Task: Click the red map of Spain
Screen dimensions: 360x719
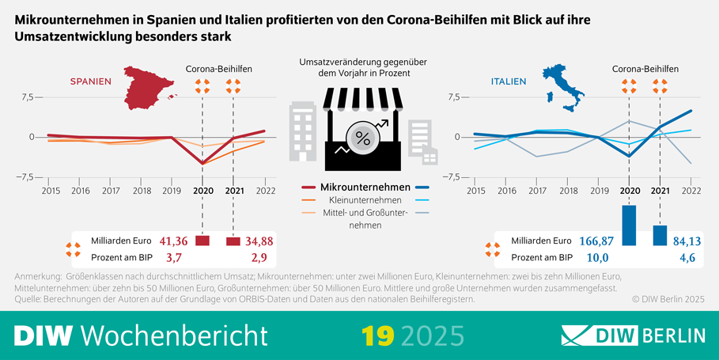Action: click(x=149, y=90)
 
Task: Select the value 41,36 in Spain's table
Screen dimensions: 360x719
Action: click(x=173, y=241)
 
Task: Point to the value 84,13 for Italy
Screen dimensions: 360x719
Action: click(x=685, y=241)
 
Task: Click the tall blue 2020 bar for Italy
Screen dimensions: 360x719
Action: click(x=630, y=225)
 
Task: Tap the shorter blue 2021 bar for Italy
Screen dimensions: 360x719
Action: click(x=660, y=235)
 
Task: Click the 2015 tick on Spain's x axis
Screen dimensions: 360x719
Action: click(x=51, y=191)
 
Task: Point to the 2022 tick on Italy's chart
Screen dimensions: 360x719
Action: click(x=691, y=191)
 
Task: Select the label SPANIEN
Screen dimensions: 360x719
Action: click(x=91, y=81)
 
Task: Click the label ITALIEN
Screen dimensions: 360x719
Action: click(x=510, y=81)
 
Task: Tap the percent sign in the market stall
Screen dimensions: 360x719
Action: click(x=363, y=138)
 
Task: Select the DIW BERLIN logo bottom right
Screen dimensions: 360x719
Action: click(x=633, y=335)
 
